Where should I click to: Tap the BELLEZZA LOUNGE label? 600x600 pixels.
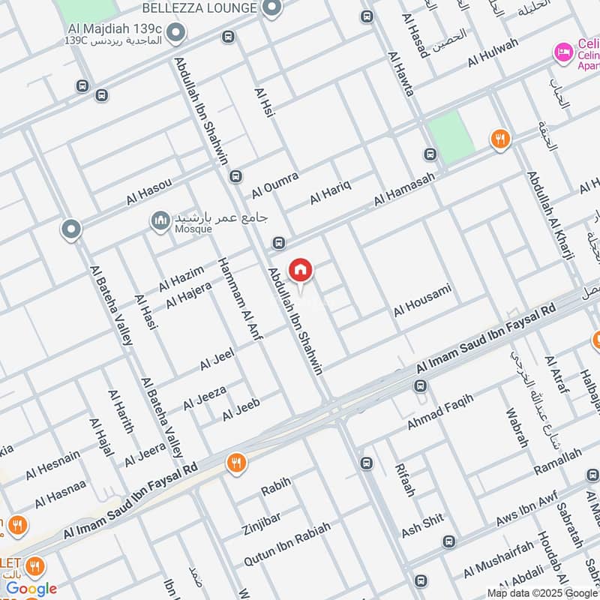tap(202, 7)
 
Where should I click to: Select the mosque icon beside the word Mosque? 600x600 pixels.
tap(160, 220)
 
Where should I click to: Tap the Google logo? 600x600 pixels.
tap(31, 589)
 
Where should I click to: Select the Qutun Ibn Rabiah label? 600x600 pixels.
tap(286, 544)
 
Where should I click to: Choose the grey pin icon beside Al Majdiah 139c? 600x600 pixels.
tap(176, 33)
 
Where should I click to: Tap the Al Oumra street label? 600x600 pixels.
tap(275, 184)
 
